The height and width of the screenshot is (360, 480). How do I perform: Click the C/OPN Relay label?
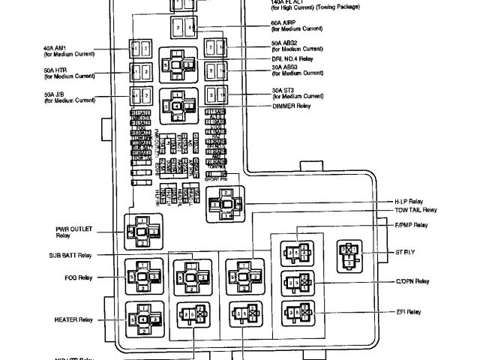click(412, 281)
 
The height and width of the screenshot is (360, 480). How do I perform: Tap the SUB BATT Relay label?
click(73, 255)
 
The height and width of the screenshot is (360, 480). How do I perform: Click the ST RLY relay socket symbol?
click(349, 255)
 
